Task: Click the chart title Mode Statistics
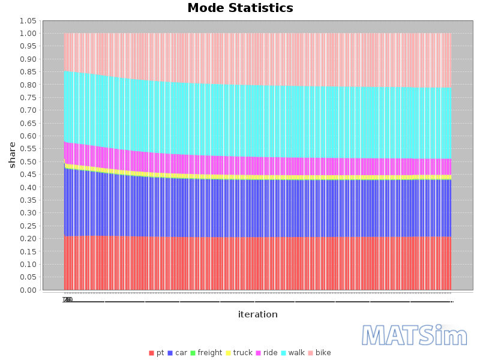(240, 8)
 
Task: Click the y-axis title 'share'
(12, 155)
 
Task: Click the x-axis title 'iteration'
(257, 314)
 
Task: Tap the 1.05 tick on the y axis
(28, 21)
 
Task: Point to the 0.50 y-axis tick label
(28, 162)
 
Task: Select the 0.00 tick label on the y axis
(28, 290)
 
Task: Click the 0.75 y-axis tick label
(28, 98)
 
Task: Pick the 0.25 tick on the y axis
(28, 226)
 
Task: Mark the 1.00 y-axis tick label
(28, 34)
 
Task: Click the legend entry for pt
(160, 353)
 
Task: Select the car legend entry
(181, 353)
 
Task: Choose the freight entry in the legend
(209, 353)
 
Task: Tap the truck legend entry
(242, 353)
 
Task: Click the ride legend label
(270, 353)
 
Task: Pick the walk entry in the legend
(296, 353)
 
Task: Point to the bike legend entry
(323, 353)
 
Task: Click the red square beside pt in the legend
(151, 353)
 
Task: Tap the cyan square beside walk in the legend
(283, 353)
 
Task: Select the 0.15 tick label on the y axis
(28, 252)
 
